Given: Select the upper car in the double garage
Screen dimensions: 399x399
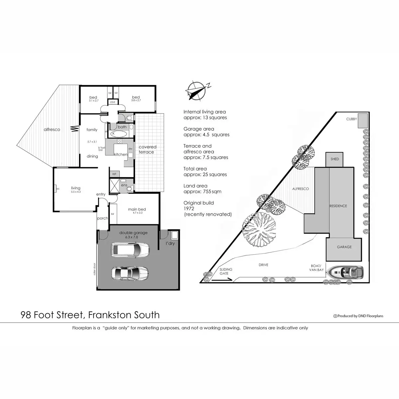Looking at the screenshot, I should [x=130, y=250].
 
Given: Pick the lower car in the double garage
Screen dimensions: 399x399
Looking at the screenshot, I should [x=130, y=274].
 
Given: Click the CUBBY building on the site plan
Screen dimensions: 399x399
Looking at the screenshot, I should [x=362, y=121].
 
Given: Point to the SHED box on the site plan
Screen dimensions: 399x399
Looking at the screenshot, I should [x=334, y=159].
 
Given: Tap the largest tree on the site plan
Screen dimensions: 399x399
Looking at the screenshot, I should [x=259, y=230].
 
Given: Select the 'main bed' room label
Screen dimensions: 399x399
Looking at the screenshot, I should [x=137, y=209].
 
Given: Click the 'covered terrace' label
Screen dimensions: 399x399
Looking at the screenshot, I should [x=147, y=149].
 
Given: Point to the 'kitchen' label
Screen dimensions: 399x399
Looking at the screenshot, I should [x=121, y=155].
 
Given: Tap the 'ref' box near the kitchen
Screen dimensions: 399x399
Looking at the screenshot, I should [x=114, y=174].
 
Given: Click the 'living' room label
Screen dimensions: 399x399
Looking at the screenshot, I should [x=75, y=188].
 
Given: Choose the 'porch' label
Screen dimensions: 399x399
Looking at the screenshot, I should [x=102, y=218].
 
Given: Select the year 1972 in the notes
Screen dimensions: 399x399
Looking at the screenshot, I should [x=189, y=208].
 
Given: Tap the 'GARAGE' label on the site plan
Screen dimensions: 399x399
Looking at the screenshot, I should [x=344, y=247].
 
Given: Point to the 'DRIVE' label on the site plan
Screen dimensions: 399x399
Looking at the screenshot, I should [x=263, y=265].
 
